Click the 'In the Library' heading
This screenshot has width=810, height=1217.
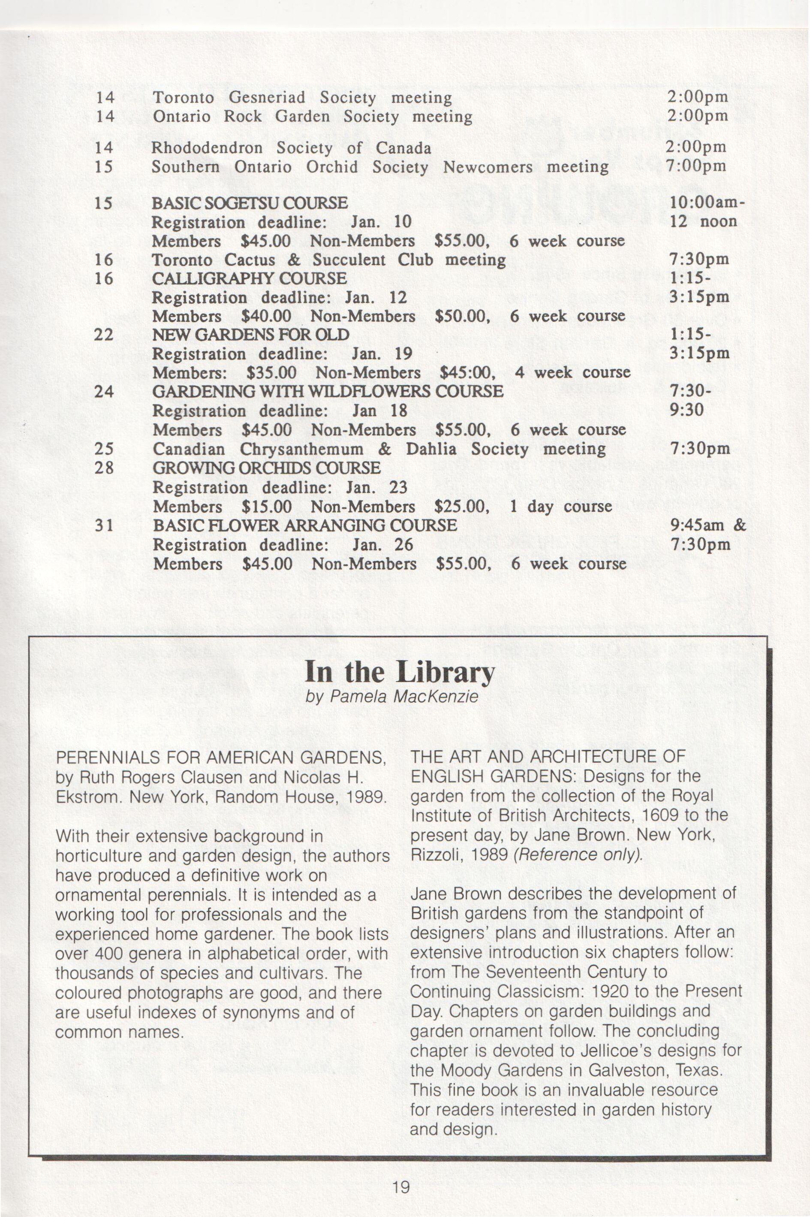(399, 671)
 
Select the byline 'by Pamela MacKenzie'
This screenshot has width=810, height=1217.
(391, 697)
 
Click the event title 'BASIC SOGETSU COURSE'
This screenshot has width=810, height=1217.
(250, 203)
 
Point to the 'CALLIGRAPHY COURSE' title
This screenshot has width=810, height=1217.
(249, 278)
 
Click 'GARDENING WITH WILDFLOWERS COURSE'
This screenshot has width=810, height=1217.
(328, 391)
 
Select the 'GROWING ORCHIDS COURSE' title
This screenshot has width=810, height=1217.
(267, 468)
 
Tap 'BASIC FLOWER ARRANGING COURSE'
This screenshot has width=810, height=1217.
(305, 525)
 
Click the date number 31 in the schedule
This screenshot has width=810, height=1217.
(104, 526)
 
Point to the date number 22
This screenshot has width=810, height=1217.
(104, 335)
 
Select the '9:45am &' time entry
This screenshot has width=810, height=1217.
(707, 525)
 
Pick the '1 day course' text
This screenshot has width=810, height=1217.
(560, 507)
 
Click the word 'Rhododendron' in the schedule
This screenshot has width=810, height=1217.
(207, 148)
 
